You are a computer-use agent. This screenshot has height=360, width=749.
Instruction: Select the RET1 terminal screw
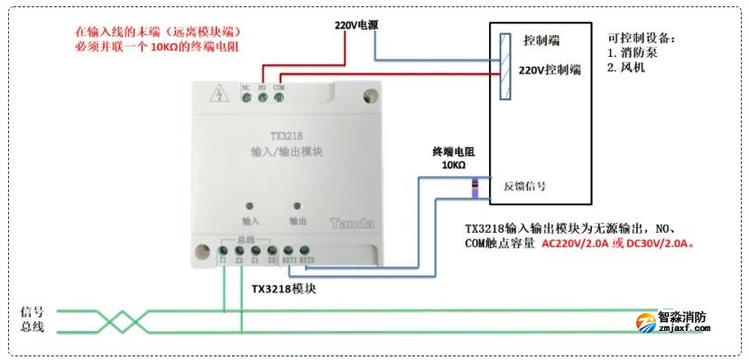290,251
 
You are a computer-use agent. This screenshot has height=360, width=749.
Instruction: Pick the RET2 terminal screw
306,251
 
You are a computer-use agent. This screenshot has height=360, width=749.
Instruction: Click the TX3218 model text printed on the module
282,138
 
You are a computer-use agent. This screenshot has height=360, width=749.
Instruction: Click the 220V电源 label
356,25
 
